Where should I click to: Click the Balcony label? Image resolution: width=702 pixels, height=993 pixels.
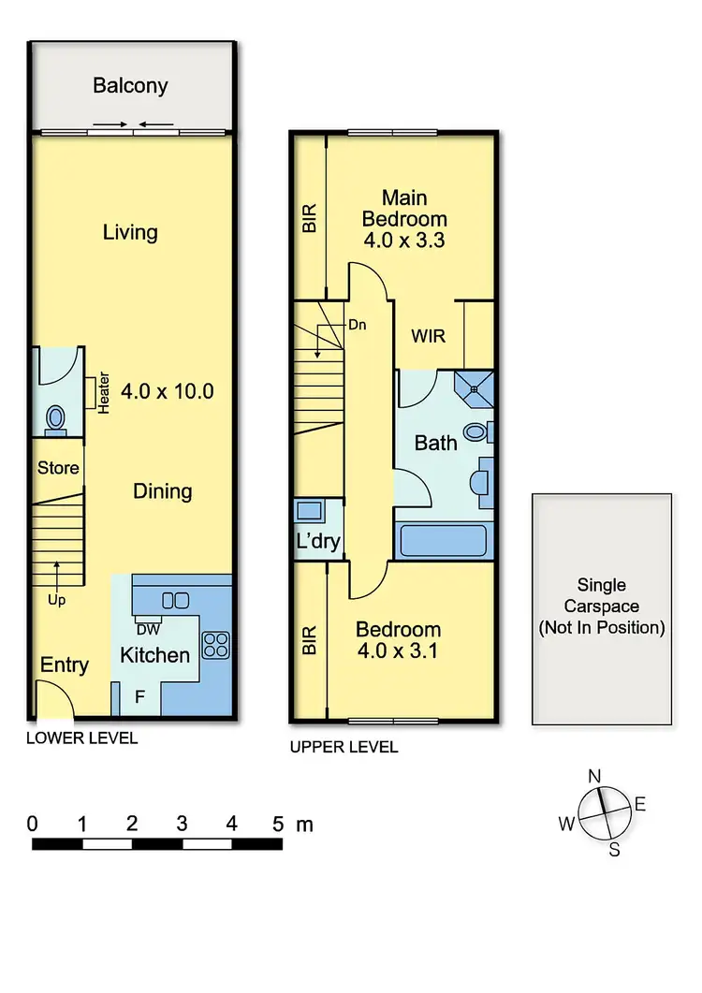[x=130, y=86]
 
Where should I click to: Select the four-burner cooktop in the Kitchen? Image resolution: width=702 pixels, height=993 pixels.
[x=216, y=644]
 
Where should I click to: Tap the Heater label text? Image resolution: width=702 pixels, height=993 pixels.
[x=104, y=394]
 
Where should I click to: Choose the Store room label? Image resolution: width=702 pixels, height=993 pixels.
[x=58, y=468]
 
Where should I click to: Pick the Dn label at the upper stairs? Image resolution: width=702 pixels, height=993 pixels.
[x=330, y=326]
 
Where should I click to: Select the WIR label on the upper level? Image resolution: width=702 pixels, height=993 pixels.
[x=428, y=335]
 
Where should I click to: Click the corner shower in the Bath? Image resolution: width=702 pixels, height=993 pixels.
[x=475, y=386]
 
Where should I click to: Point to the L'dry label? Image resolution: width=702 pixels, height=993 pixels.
[x=318, y=541]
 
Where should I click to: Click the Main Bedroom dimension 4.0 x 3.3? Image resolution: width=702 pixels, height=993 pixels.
[x=404, y=240]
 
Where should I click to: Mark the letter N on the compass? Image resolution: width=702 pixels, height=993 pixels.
[x=593, y=776]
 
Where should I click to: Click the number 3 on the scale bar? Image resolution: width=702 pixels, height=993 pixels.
[x=182, y=825]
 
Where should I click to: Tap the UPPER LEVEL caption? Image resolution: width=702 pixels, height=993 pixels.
[x=344, y=747]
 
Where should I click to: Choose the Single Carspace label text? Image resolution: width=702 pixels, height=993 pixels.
[x=601, y=606]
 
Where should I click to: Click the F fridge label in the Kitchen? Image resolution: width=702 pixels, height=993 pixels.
[x=140, y=696]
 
